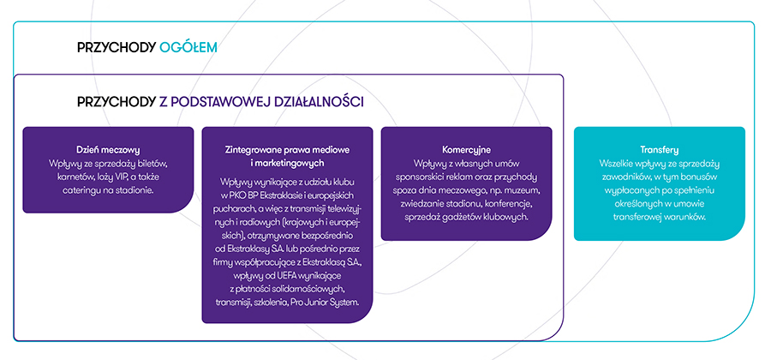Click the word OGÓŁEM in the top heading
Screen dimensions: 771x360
188,48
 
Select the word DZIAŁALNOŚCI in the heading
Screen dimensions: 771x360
315,102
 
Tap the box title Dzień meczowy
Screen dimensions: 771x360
108,149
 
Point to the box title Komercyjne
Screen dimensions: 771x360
466,149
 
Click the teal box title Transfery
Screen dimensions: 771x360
660,149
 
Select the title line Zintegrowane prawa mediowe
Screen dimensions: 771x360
287,149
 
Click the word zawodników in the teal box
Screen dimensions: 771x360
625,177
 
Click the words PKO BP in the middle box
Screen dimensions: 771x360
242,195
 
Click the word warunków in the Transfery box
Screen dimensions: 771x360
689,217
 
